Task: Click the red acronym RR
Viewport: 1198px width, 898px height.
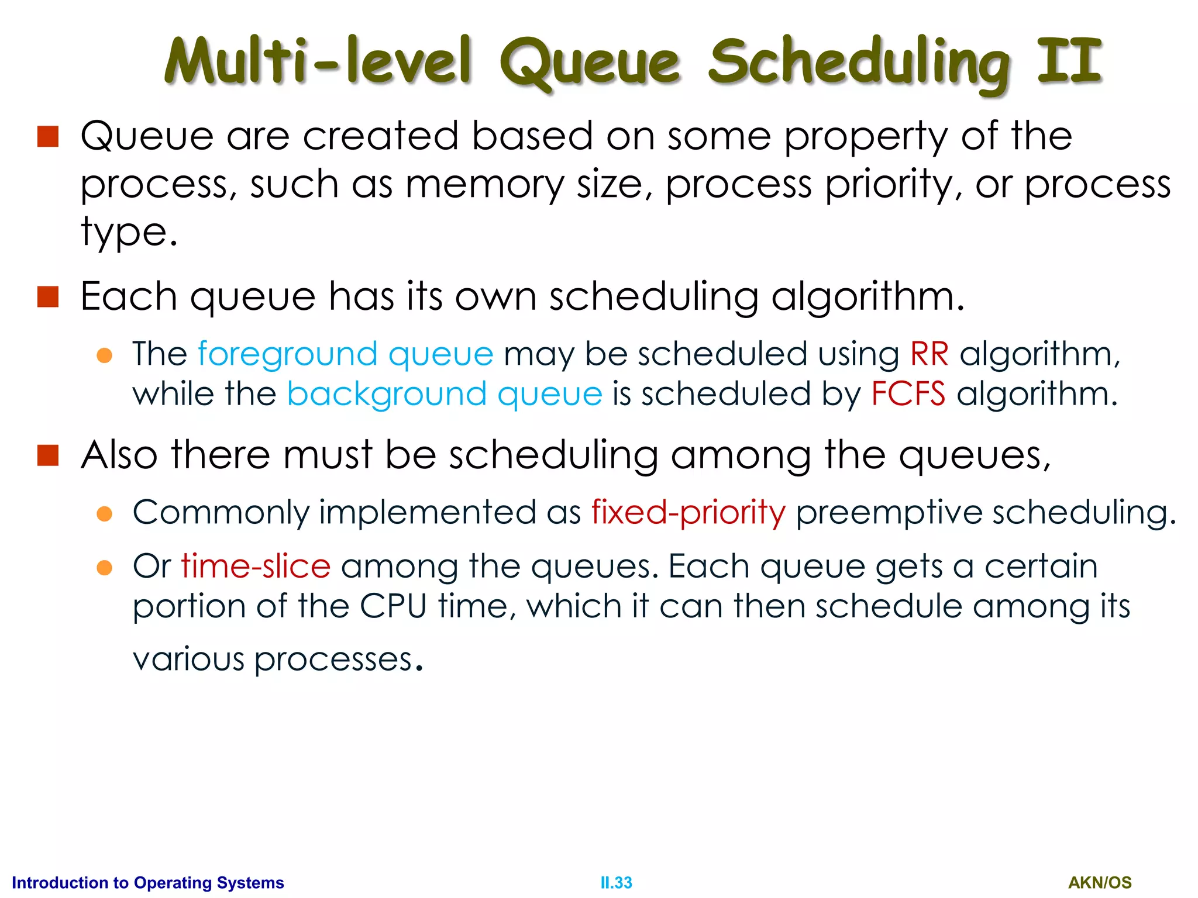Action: pos(929,354)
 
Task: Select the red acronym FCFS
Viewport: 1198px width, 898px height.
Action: pos(907,393)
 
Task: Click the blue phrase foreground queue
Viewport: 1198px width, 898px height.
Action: pos(345,355)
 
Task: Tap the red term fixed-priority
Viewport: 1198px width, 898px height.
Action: pos(688,513)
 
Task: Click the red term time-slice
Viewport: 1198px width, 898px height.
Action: pos(256,567)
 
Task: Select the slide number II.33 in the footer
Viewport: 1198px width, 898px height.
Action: pos(616,882)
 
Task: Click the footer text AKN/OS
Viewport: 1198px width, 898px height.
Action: pos(1100,882)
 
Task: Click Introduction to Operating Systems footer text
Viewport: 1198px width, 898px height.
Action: pos(147,882)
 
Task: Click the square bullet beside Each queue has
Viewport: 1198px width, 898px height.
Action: pos(48,296)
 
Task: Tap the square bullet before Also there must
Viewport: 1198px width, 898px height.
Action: pos(48,455)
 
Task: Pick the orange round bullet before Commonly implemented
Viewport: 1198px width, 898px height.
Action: pos(104,514)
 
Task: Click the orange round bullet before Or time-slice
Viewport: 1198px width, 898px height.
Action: pos(104,568)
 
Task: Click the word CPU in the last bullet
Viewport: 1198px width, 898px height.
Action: pos(393,606)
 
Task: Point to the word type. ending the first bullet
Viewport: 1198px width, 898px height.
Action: pos(129,233)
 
